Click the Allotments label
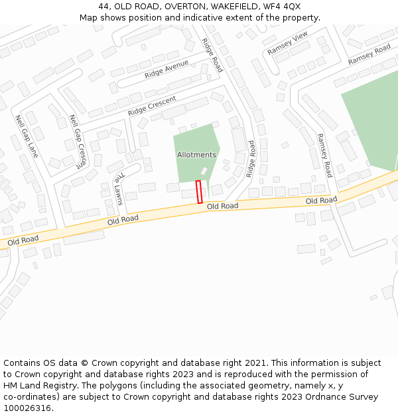(x=196, y=155)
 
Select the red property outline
(x=199, y=192)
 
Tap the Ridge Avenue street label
(x=166, y=69)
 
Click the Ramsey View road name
(x=288, y=44)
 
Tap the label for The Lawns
(x=119, y=189)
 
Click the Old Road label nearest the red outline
(x=222, y=207)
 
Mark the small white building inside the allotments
(x=204, y=171)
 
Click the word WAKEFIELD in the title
(x=238, y=7)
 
